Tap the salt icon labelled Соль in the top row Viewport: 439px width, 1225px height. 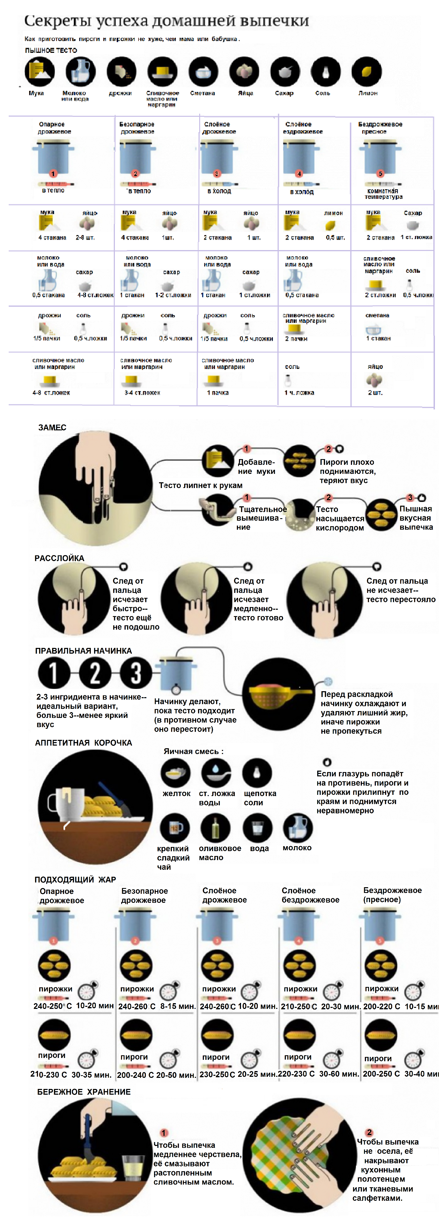326,72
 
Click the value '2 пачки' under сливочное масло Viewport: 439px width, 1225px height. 296,339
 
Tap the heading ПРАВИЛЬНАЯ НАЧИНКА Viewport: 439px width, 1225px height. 83,651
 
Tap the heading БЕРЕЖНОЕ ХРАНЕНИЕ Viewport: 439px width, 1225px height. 84,1092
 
